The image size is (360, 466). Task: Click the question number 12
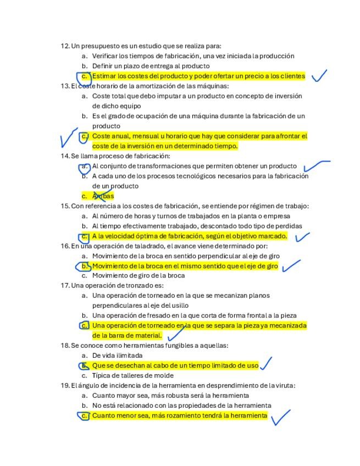(x=64, y=46)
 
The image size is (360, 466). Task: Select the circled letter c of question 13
(x=84, y=136)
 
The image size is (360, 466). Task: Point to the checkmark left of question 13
(x=68, y=137)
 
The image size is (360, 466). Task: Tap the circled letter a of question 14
(x=84, y=166)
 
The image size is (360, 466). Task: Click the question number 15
(x=64, y=206)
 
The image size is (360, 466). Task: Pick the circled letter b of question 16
(x=84, y=267)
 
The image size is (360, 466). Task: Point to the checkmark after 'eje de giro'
(x=291, y=267)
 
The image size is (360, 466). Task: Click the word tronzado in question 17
(x=139, y=286)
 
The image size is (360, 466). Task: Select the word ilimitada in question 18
(x=130, y=356)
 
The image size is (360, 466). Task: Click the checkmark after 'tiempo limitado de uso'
(x=267, y=363)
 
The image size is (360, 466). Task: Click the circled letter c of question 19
(x=84, y=416)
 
